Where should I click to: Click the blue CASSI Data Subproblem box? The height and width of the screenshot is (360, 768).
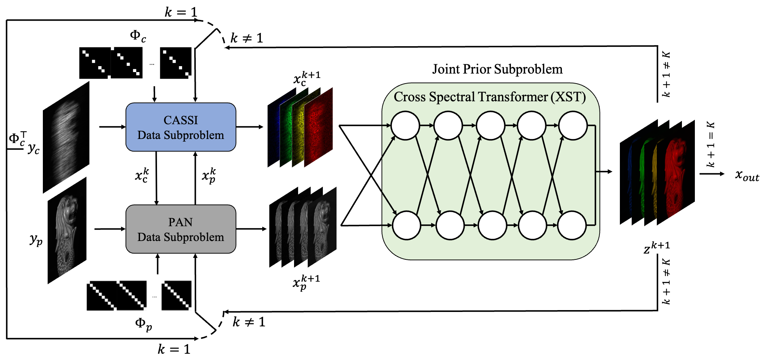pyautogui.click(x=181, y=127)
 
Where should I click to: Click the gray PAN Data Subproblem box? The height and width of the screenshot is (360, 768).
pyautogui.click(x=181, y=229)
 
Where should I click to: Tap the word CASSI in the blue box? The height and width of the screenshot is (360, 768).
pyautogui.click(x=181, y=120)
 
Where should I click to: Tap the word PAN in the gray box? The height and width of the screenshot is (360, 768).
pyautogui.click(x=180, y=222)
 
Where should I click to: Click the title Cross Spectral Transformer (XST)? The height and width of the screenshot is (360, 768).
pyautogui.click(x=489, y=97)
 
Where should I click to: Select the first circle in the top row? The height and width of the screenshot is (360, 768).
pyautogui.click(x=405, y=126)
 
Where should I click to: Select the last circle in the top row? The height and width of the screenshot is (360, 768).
pyautogui.click(x=573, y=126)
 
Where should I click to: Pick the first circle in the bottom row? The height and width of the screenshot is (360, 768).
pyautogui.click(x=406, y=225)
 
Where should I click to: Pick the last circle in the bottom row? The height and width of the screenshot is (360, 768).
pyautogui.click(x=571, y=225)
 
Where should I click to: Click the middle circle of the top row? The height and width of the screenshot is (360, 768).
pyautogui.click(x=490, y=126)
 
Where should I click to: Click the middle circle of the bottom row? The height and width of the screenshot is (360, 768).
pyautogui.click(x=492, y=225)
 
